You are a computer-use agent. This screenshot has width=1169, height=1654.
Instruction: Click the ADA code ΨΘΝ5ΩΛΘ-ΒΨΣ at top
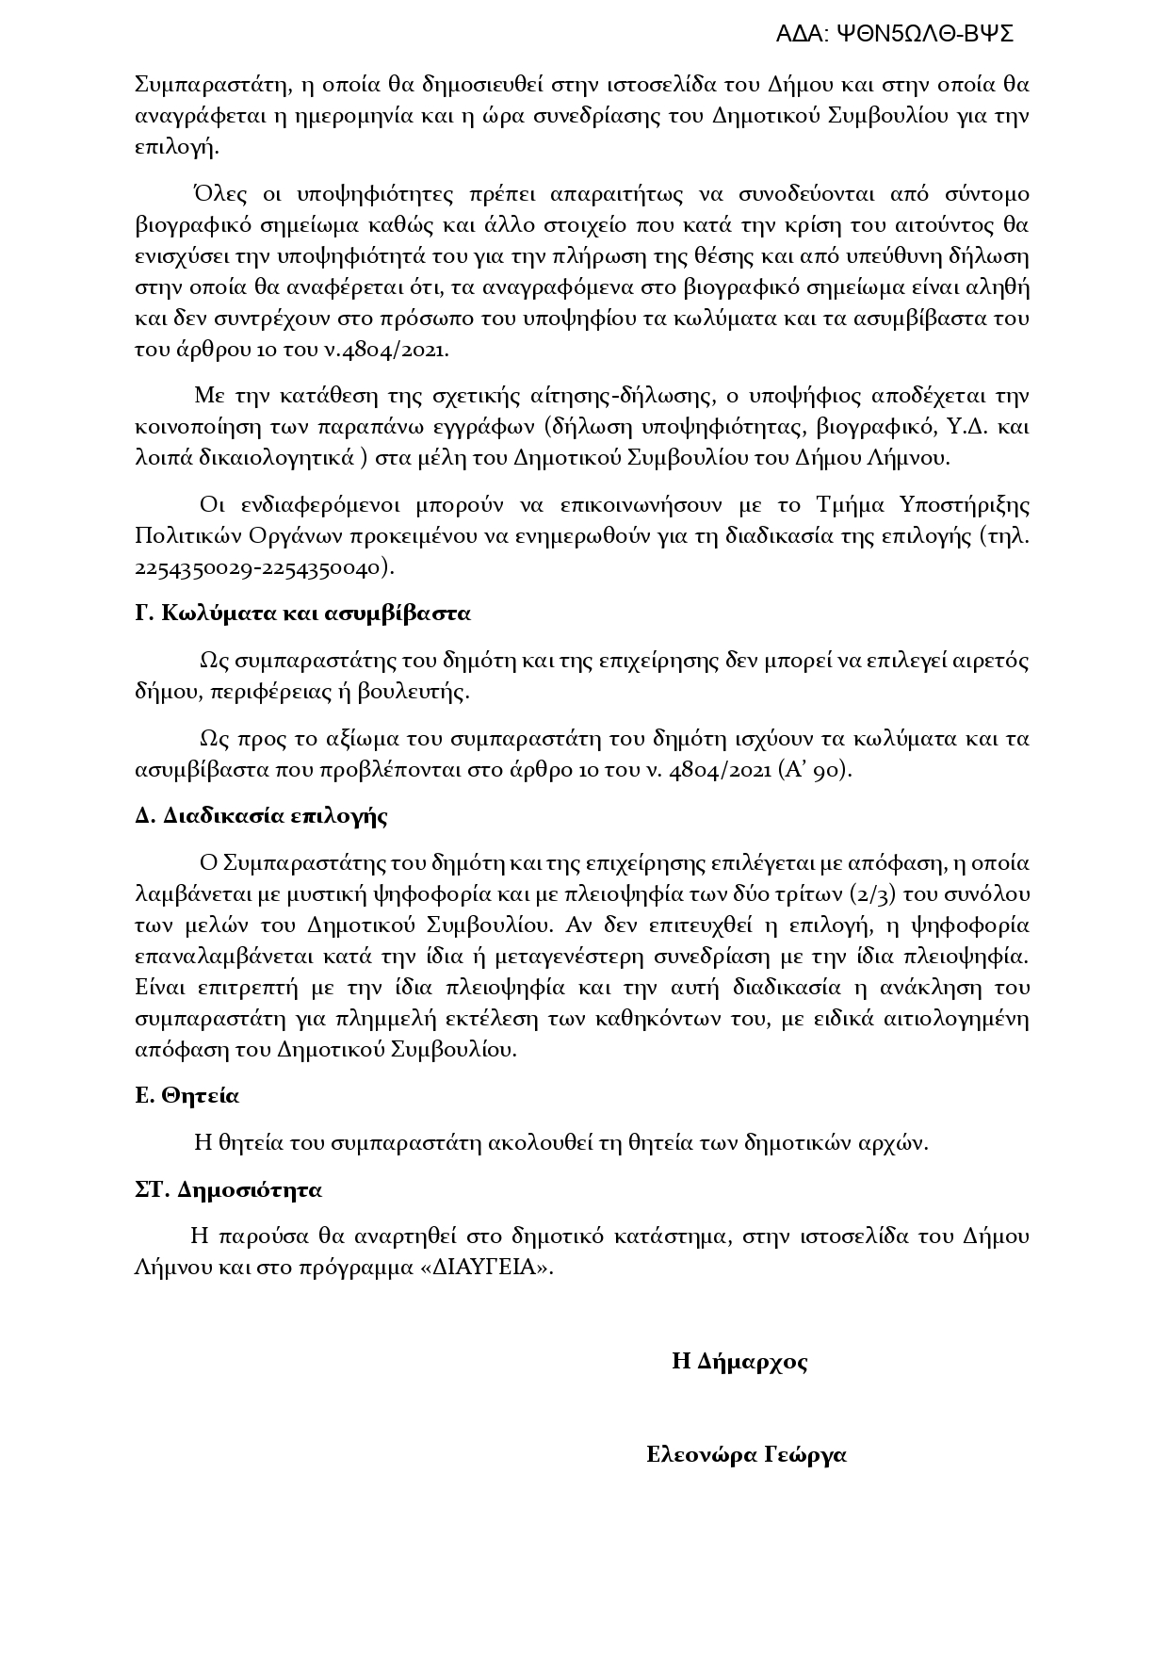[x=894, y=35]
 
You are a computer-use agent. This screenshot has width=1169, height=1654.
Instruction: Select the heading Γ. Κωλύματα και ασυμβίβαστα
[x=302, y=614]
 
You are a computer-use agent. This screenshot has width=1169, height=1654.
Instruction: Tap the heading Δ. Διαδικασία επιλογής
[x=261, y=816]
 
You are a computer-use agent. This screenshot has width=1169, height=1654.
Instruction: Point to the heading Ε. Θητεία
[x=187, y=1096]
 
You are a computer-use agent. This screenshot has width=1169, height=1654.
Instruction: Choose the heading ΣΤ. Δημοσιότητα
[x=228, y=1190]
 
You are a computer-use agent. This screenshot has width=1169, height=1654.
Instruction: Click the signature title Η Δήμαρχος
[x=739, y=1362]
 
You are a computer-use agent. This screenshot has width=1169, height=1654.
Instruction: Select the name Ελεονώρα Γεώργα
[x=746, y=1455]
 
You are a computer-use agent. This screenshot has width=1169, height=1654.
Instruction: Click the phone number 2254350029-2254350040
[x=261, y=568]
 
